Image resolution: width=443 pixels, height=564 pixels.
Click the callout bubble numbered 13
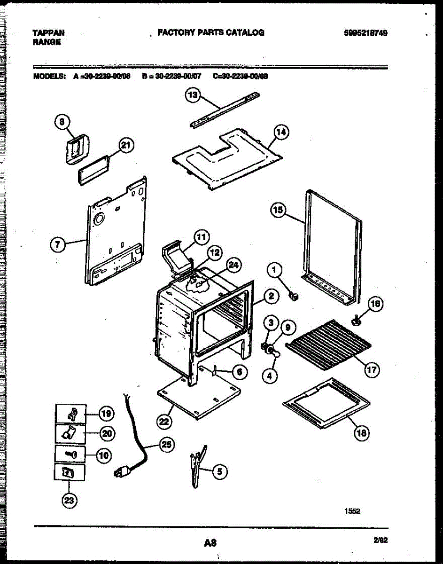[x=192, y=95]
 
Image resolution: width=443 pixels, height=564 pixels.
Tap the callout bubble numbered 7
[x=57, y=244]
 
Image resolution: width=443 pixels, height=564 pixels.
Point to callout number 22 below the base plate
[x=163, y=422]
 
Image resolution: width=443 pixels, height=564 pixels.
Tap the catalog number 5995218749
[x=366, y=33]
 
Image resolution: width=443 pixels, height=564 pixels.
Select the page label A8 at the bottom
[x=210, y=543]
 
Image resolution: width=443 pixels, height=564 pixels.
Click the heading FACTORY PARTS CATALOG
[x=210, y=32]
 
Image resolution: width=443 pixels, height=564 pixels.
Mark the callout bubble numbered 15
[x=278, y=211]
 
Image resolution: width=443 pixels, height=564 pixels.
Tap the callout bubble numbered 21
[x=125, y=146]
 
